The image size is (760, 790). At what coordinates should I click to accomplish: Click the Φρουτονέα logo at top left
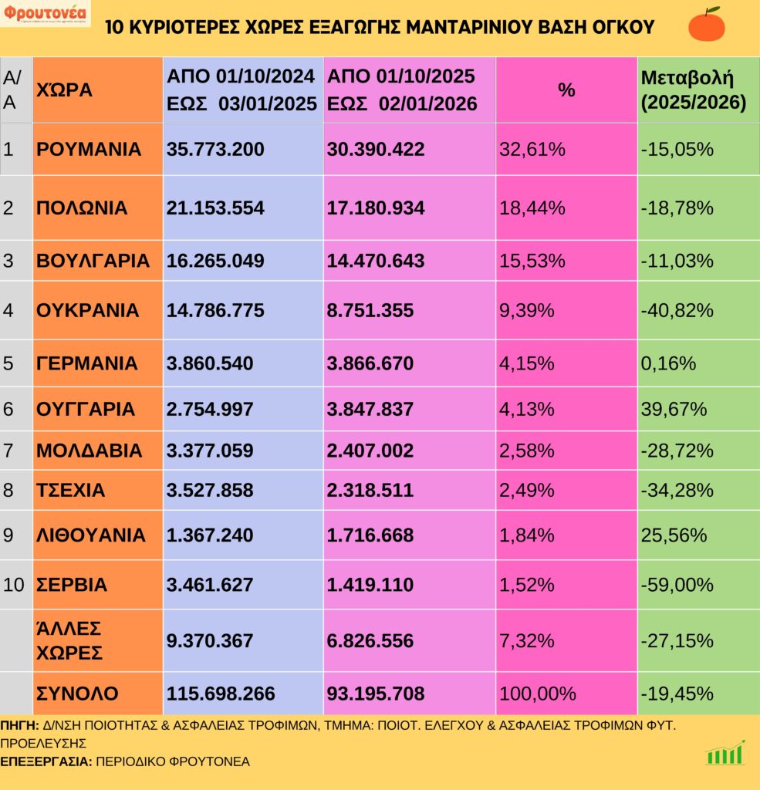coord(45,13)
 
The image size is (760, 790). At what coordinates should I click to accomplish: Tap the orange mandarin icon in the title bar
coord(706,24)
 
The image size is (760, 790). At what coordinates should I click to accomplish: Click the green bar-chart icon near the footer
coord(725,753)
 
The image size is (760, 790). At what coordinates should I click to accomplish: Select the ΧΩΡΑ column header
coord(64,89)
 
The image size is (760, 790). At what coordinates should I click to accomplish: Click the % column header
coord(566,89)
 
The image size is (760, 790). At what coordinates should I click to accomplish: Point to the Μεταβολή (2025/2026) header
coord(693,89)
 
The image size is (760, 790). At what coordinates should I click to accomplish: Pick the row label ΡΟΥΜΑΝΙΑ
coord(89,149)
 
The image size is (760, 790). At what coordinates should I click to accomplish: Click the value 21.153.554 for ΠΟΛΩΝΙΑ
coord(215,208)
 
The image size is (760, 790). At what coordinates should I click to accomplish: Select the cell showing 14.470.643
coord(376,261)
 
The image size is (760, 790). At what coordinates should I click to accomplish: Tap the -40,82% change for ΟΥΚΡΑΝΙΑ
coord(677,310)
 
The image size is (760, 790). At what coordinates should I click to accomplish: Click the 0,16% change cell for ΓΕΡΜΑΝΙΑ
coord(668,363)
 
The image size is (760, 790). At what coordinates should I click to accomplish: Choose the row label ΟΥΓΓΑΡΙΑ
coord(86,409)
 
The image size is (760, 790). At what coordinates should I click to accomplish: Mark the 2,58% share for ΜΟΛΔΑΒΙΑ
coord(527,451)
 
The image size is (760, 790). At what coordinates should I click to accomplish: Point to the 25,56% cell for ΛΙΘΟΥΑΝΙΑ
coord(674,535)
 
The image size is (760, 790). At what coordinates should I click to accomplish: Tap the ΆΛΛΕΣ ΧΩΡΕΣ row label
coord(69,640)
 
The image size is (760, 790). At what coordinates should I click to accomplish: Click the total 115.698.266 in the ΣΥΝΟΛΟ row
coord(221,694)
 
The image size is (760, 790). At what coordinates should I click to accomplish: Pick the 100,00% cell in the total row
coord(538,694)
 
